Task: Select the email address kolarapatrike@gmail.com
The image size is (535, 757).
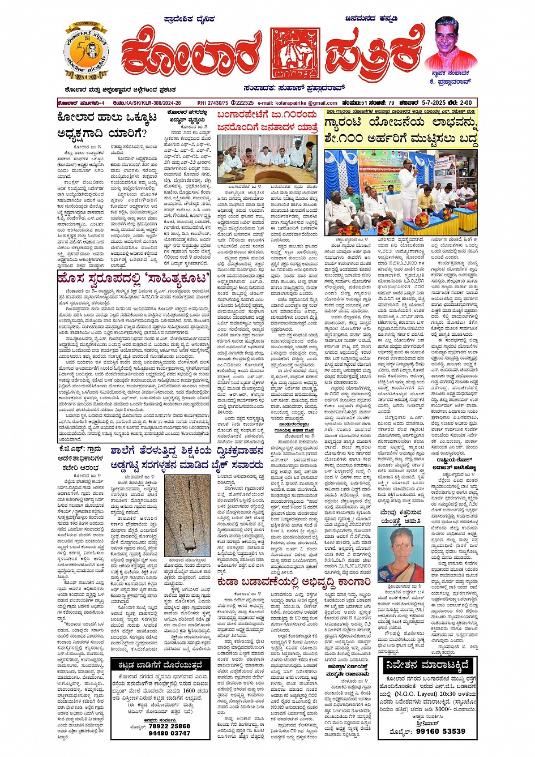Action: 306,103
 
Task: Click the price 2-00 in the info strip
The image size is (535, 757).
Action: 465,103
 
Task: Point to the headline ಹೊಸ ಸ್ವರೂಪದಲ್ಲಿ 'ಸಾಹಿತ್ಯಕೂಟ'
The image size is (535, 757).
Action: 134,278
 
